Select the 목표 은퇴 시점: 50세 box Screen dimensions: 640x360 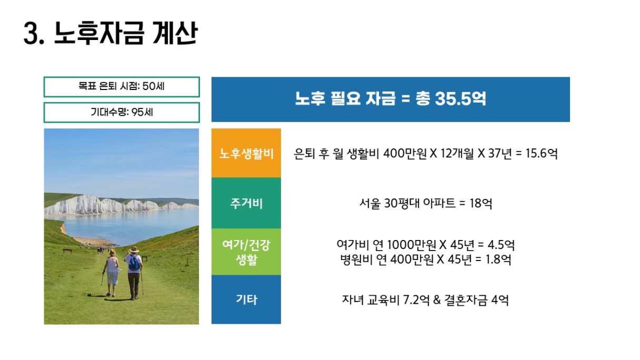click(x=122, y=87)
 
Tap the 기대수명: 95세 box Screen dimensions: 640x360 click(x=122, y=113)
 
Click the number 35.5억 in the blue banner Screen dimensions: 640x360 click(x=461, y=99)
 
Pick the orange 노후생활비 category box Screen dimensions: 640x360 click(x=246, y=153)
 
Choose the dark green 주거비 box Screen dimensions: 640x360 click(x=246, y=203)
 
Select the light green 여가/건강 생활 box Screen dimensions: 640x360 click(x=246, y=252)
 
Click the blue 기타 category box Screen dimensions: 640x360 click(x=246, y=299)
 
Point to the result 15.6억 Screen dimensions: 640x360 click(x=542, y=154)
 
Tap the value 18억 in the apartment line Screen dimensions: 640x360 click(x=481, y=203)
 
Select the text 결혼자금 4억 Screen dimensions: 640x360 click(x=476, y=300)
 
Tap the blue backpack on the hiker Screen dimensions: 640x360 click(x=134, y=264)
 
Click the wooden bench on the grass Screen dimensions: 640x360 click(x=67, y=251)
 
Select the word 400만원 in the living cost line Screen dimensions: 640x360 click(x=405, y=154)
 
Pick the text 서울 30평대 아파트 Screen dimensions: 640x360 click(x=407, y=203)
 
